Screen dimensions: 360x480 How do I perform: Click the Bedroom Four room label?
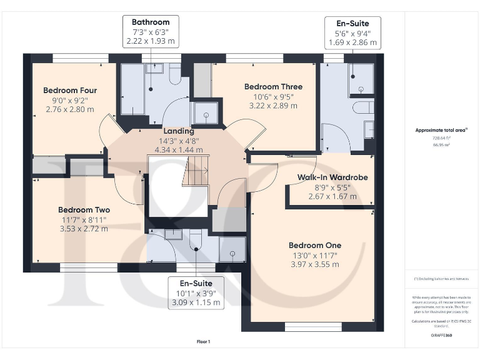click(x=70, y=91)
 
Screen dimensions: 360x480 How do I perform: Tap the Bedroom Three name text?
click(x=273, y=87)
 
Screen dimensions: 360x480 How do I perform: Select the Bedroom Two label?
click(x=84, y=210)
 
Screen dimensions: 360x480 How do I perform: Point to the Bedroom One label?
click(x=314, y=246)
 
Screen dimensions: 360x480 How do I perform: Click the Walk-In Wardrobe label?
click(x=332, y=177)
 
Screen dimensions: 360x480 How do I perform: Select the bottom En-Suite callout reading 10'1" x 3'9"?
click(x=196, y=292)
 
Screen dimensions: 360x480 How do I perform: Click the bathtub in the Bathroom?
click(x=132, y=89)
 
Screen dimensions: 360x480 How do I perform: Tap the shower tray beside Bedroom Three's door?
click(x=202, y=113)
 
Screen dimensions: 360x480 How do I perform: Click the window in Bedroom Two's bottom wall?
click(x=88, y=267)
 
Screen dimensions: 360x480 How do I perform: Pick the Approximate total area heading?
click(x=441, y=130)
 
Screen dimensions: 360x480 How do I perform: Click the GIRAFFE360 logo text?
click(x=441, y=336)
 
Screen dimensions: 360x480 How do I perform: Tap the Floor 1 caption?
click(x=204, y=341)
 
